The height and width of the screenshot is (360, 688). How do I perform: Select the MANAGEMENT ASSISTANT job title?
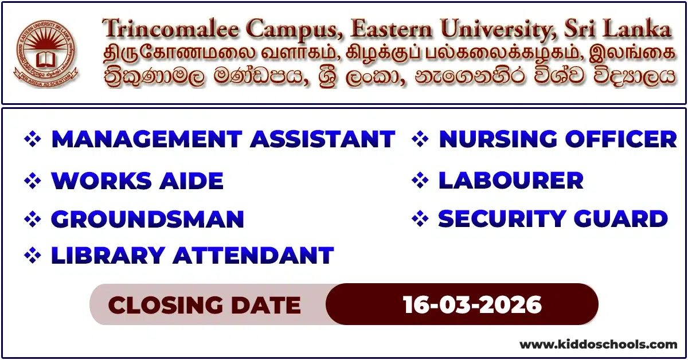point(223,140)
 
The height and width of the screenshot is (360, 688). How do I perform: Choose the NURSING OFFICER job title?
point(557,140)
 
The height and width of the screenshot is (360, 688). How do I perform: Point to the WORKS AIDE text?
point(137,181)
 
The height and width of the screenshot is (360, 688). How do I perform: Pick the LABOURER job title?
point(510,181)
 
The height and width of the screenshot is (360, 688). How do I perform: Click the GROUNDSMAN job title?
point(147,220)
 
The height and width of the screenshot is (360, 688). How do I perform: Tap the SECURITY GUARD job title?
point(553,220)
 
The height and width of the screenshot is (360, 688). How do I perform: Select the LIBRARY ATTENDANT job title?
point(192,256)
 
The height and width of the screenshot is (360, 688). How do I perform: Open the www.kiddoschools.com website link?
point(598,345)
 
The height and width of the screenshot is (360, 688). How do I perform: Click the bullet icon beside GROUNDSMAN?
point(33,220)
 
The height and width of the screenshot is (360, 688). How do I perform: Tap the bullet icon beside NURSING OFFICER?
point(421,140)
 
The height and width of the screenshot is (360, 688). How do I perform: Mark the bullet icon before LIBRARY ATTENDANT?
point(33,256)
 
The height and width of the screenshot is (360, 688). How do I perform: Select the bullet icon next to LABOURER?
point(421,181)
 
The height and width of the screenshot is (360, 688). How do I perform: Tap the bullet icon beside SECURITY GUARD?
point(421,220)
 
